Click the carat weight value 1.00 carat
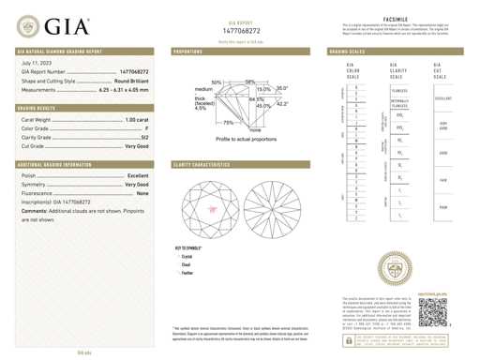click(x=135, y=121)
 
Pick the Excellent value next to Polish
click(x=137, y=175)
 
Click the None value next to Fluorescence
click(x=142, y=193)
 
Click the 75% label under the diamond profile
click(x=229, y=123)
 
